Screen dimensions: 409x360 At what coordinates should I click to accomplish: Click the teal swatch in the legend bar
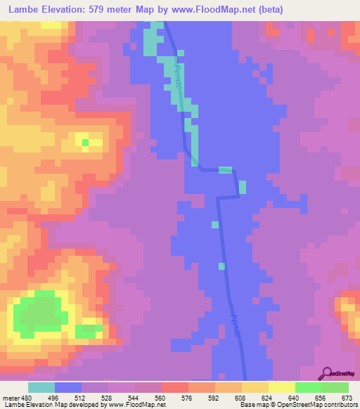click(x=41, y=387)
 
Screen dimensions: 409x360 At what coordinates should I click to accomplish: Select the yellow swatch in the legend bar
click(x=281, y=387)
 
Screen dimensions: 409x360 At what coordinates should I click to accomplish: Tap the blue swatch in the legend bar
click(x=68, y=387)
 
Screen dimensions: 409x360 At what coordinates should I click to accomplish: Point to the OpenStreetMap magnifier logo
click(x=326, y=374)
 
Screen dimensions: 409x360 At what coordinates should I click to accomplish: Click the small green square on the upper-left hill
click(x=85, y=142)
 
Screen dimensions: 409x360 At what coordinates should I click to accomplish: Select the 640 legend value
click(x=295, y=398)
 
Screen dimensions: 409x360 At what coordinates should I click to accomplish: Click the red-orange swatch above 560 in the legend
click(x=174, y=387)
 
